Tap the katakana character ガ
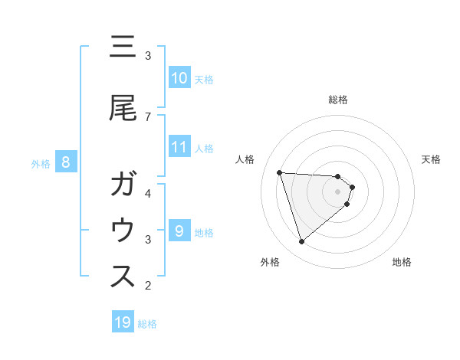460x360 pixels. click(x=123, y=186)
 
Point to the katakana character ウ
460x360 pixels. click(x=123, y=231)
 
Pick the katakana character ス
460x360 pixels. click(x=123, y=277)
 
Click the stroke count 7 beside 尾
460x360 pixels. click(x=148, y=116)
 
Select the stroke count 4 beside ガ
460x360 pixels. click(x=148, y=193)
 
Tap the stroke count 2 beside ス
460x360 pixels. click(x=148, y=286)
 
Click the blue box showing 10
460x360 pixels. click(x=179, y=77)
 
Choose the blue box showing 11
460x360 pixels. click(x=179, y=146)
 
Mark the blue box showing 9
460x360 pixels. click(x=179, y=231)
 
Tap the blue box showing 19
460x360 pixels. click(x=123, y=322)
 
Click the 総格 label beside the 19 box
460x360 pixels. click(x=147, y=324)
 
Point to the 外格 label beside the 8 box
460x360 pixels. click(x=41, y=163)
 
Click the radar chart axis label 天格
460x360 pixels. click(x=431, y=159)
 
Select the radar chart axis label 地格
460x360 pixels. click(x=402, y=262)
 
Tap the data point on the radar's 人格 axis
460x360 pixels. click(x=280, y=172)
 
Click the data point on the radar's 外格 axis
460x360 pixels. click(x=301, y=242)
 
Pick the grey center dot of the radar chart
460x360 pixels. click(x=338, y=191)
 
